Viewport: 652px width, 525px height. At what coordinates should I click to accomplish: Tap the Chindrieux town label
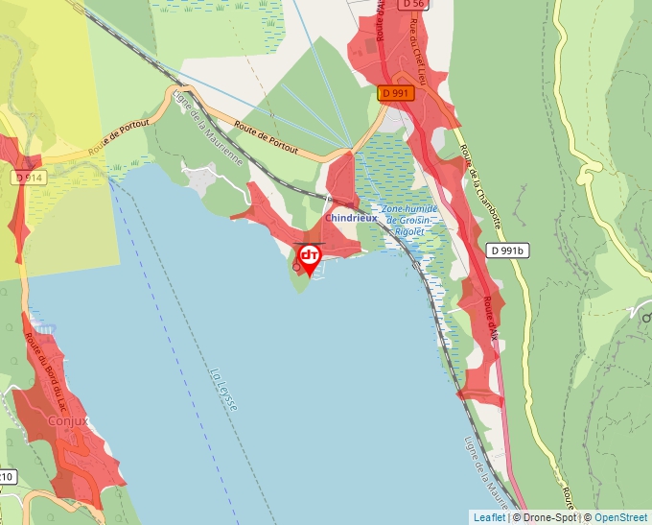point(350,218)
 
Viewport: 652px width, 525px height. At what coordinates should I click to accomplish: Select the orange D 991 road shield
point(396,93)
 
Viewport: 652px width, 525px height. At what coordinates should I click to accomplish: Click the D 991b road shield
point(508,251)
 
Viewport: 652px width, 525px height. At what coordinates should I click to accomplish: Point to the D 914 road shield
point(30,178)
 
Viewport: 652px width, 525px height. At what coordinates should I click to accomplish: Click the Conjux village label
point(67,420)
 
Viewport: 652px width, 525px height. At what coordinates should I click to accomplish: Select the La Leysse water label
point(222,388)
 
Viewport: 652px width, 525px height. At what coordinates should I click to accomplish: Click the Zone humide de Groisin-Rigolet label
point(408,220)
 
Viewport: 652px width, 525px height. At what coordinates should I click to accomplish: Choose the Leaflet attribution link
point(489,517)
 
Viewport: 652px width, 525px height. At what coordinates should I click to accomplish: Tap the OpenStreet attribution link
point(622,517)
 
